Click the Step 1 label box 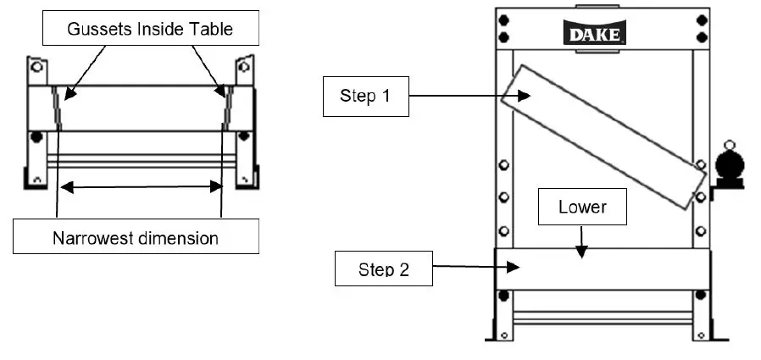click(365, 96)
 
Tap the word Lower click(582, 207)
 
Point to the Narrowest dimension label click(135, 237)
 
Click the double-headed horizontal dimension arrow click(141, 187)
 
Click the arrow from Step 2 click(475, 268)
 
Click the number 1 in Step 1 click(386, 96)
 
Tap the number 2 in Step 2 click(404, 270)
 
